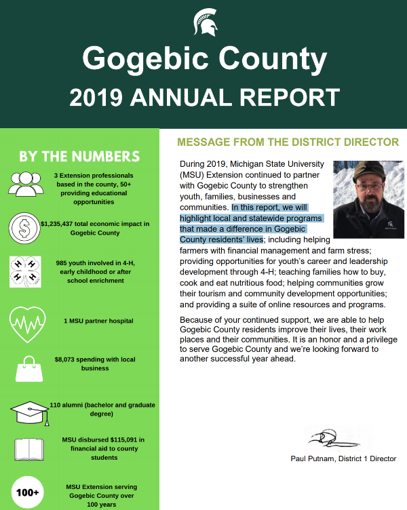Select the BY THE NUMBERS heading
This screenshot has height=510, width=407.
point(79,157)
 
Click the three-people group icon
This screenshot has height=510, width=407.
point(26,182)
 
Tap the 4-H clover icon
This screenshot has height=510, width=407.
point(25,270)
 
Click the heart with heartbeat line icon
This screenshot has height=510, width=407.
point(26,321)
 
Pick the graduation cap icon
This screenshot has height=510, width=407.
point(29,411)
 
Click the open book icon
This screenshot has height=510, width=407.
point(29,448)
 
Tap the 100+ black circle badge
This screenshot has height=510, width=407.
point(26,492)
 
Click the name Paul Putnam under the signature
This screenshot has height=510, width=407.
point(311,459)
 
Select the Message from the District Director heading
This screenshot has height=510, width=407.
point(288,142)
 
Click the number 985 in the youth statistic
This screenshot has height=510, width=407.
point(63,262)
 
